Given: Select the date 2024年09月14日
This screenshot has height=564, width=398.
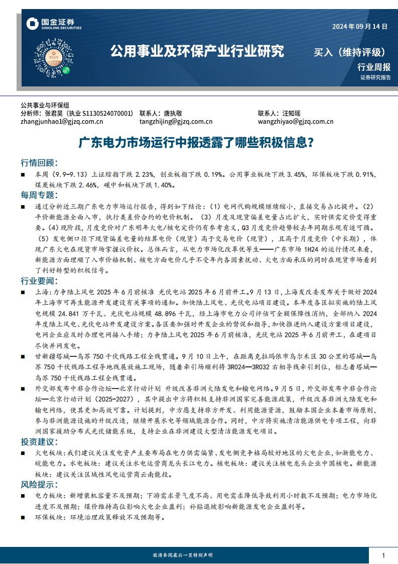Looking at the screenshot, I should [360, 27].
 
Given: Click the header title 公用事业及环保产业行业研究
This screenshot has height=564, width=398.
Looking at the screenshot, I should [197, 51].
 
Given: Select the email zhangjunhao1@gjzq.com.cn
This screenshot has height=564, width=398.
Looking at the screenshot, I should [62, 121].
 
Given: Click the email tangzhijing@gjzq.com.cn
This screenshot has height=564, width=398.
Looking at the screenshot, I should [176, 121].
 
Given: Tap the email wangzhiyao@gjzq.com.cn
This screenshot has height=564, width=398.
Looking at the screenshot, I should [296, 121].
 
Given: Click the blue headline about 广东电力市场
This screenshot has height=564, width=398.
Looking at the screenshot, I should [199, 143].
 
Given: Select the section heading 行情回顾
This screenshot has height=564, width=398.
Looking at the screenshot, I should [39, 163].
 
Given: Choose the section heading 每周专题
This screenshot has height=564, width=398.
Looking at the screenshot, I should [39, 195].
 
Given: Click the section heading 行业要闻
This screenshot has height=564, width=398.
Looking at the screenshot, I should [39, 279].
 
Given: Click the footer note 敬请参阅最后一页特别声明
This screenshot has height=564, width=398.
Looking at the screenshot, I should [182, 555].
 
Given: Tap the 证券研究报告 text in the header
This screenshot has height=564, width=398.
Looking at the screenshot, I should [375, 78].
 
